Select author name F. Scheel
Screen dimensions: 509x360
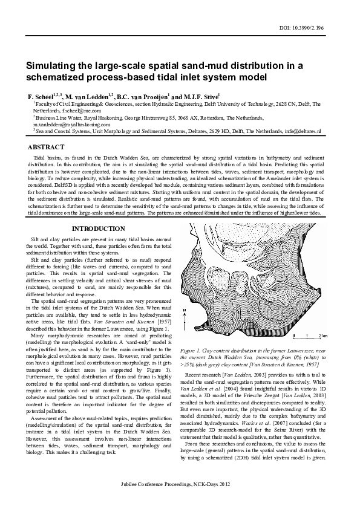[41, 97]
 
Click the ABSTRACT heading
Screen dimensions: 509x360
[47, 147]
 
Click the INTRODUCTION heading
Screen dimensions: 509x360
[98, 229]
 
